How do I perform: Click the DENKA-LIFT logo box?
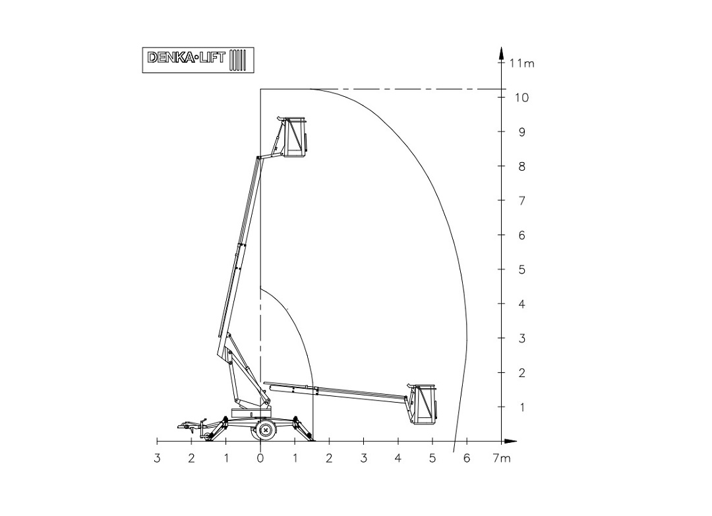tap(198, 60)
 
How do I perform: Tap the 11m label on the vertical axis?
tap(521, 63)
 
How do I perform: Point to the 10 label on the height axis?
tap(521, 98)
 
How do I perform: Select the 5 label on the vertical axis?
tap(521, 270)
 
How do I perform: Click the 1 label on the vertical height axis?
tap(521, 407)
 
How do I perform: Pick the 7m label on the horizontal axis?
tap(502, 459)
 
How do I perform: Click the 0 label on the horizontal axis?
tap(260, 459)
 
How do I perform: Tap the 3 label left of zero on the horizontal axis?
tap(157, 459)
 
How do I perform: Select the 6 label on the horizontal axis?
tap(467, 459)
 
